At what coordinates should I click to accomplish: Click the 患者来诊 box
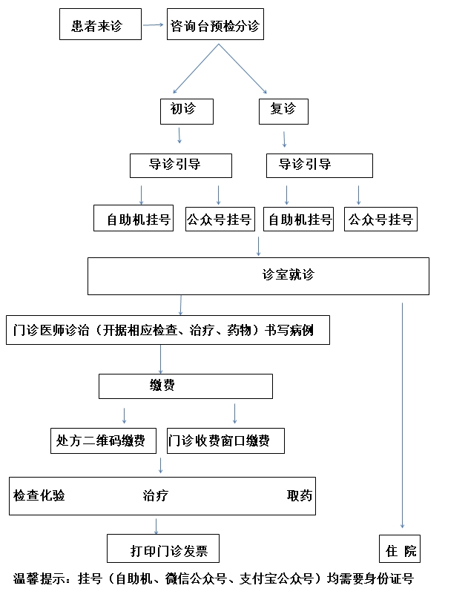(100, 24)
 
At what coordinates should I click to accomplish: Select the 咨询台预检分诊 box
(215, 24)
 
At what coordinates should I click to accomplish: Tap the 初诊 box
(187, 111)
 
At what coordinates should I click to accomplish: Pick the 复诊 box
(283, 111)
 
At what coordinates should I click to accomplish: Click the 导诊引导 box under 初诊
(181, 165)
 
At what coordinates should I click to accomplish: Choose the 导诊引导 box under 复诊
(320, 165)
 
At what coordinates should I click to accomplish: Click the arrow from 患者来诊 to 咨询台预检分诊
(153, 25)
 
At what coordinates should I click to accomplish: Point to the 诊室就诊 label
(289, 274)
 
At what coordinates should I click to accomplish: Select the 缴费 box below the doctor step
(185, 386)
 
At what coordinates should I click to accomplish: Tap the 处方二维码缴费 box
(103, 441)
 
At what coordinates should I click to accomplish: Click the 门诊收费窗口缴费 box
(226, 441)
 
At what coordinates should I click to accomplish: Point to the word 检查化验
(39, 495)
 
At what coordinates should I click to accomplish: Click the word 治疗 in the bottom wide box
(155, 495)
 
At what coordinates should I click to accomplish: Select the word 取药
(300, 495)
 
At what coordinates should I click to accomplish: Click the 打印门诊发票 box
(163, 549)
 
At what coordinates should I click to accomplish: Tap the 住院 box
(400, 549)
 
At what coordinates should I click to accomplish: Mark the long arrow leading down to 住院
(403, 415)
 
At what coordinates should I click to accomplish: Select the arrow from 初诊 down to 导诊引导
(179, 136)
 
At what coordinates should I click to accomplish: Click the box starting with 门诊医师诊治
(168, 330)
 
